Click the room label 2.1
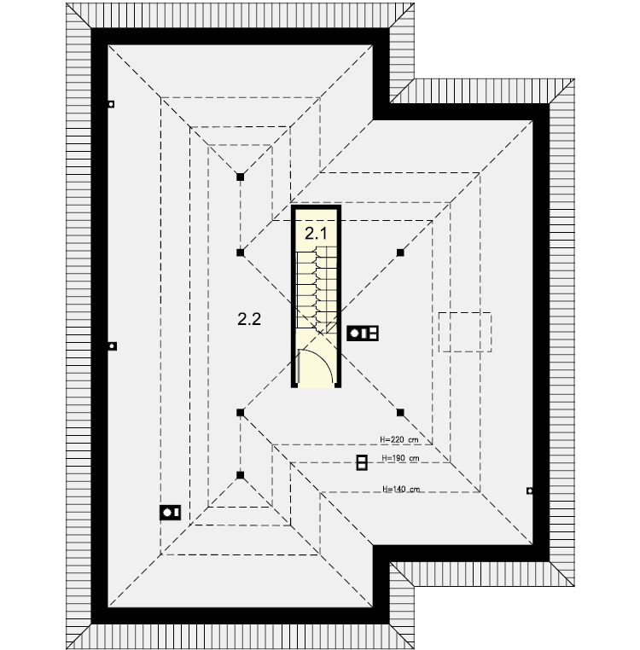click(x=316, y=234)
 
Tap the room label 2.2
click(x=249, y=319)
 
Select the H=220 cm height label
click(x=399, y=439)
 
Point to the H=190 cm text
click(x=400, y=458)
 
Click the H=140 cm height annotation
click(x=401, y=489)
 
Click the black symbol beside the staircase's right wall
click(x=363, y=334)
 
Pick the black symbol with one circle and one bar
click(x=170, y=513)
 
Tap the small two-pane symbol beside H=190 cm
click(x=362, y=462)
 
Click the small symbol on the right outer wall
click(x=530, y=490)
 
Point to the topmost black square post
click(x=240, y=177)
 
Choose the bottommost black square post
click(x=240, y=475)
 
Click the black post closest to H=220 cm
click(x=400, y=413)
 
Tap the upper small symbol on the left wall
click(x=111, y=104)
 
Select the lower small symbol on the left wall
click(x=112, y=346)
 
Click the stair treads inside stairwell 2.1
click(x=316, y=290)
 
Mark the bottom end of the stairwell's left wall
click(x=294, y=386)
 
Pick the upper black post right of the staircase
click(x=400, y=252)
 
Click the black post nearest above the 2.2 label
click(x=240, y=252)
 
